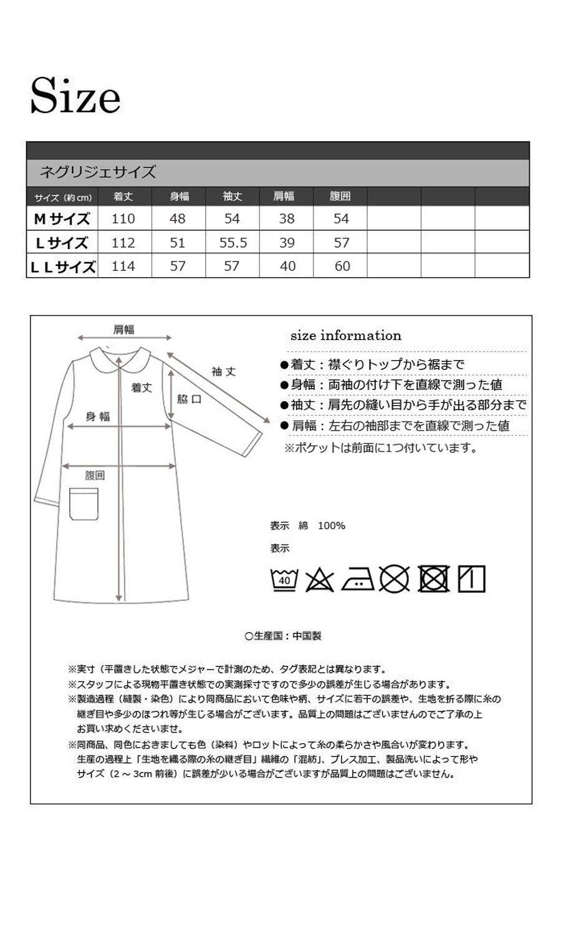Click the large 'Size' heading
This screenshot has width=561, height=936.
tap(75, 96)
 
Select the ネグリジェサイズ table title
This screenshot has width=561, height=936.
tap(98, 172)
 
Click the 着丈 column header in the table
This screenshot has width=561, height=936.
tap(123, 196)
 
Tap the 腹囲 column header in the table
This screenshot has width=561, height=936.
tap(340, 196)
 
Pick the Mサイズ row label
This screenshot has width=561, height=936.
tap(62, 219)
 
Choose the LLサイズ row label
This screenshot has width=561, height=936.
tap(62, 266)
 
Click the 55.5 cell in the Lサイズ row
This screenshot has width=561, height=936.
tap(233, 243)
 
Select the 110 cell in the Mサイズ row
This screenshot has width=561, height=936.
tap(123, 219)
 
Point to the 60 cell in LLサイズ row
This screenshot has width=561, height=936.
tap(342, 266)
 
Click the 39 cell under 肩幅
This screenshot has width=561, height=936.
tap(287, 243)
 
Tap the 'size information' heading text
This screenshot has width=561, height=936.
tap(346, 336)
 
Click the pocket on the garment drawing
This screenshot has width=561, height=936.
tap(84, 503)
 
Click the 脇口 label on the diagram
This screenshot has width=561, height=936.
tap(189, 399)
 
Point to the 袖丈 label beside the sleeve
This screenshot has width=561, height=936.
tap(224, 372)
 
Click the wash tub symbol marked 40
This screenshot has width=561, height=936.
tap(284, 579)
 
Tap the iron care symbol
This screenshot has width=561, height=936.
tap(358, 579)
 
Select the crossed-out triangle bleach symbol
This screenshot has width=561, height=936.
tap(320, 580)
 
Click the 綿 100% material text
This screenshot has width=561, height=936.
tap(322, 525)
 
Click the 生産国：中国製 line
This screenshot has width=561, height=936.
tap(284, 636)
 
